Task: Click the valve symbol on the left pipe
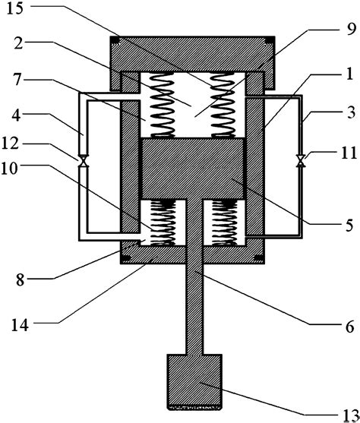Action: (85, 160)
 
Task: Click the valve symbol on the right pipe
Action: (302, 160)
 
